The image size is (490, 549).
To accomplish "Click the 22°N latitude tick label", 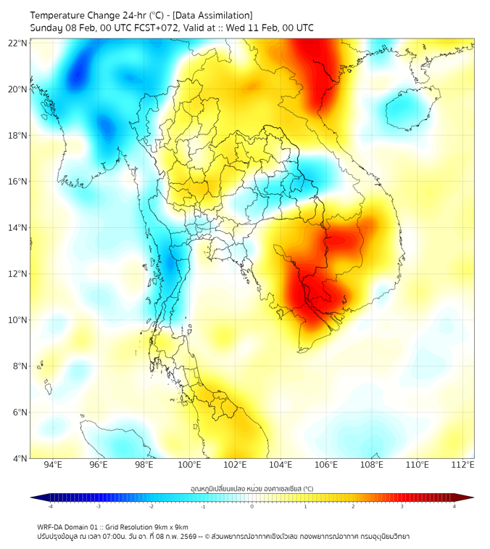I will click(x=18, y=43).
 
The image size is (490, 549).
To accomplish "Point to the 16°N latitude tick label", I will click(x=18, y=182).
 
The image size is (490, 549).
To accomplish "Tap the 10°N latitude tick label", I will click(x=18, y=320).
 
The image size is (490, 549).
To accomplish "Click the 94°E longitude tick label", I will click(x=53, y=465).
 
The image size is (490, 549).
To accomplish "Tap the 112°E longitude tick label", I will click(x=462, y=465).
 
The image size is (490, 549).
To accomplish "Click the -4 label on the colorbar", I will click(x=49, y=506).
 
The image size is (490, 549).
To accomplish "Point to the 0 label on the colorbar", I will click(x=252, y=506).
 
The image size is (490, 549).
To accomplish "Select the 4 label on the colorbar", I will click(x=454, y=506).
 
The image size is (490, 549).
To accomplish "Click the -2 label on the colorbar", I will click(x=151, y=506).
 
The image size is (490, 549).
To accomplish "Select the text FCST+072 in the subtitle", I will click(x=155, y=28).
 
